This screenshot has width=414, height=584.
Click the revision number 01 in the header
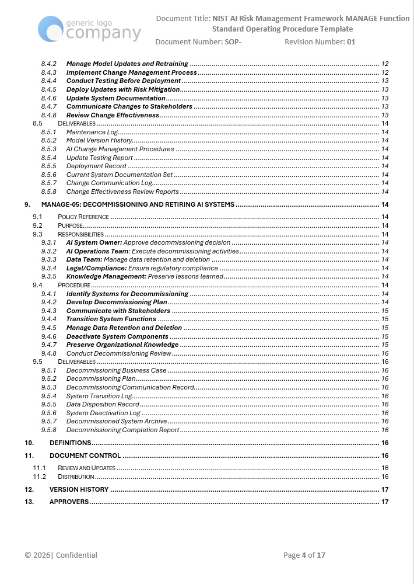(x=350, y=42)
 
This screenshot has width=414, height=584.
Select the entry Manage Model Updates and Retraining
(x=127, y=64)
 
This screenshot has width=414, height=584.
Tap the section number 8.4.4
(x=48, y=81)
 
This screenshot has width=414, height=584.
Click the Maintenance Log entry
(x=92, y=132)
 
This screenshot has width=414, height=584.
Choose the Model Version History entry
(x=99, y=140)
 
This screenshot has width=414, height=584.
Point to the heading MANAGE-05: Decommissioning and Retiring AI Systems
(x=138, y=204)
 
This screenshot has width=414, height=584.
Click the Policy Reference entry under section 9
(x=83, y=217)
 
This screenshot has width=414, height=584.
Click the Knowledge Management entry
(x=144, y=276)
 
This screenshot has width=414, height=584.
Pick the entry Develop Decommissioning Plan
(x=117, y=302)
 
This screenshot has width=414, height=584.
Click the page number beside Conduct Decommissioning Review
(x=385, y=353)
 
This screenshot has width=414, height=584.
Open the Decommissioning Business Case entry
(x=117, y=370)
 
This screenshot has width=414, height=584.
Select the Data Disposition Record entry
(x=103, y=404)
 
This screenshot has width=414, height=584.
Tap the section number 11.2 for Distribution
(x=40, y=477)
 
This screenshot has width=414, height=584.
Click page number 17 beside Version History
(x=385, y=489)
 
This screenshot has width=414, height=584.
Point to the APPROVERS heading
(x=69, y=502)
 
